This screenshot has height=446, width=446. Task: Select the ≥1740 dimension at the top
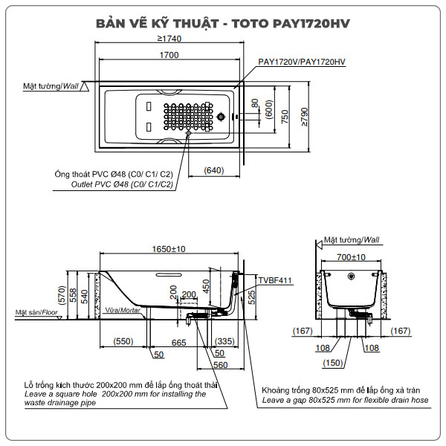pos(169,39)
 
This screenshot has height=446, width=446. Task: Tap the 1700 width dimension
pos(169,55)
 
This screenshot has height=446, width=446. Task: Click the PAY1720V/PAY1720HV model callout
pos(302,62)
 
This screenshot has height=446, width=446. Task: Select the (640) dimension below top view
pos(213,171)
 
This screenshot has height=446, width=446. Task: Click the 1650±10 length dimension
pos(169,250)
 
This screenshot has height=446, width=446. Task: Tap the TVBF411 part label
pos(275,280)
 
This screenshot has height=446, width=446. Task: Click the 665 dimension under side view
pos(179,343)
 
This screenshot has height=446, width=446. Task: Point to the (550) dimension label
pos(123,343)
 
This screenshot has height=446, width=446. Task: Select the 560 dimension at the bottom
pos(219,365)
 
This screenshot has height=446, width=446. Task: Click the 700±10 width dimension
pos(353,256)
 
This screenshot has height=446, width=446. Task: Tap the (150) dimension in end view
pos(333,363)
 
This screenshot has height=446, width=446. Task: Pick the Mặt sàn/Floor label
pos(36,313)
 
